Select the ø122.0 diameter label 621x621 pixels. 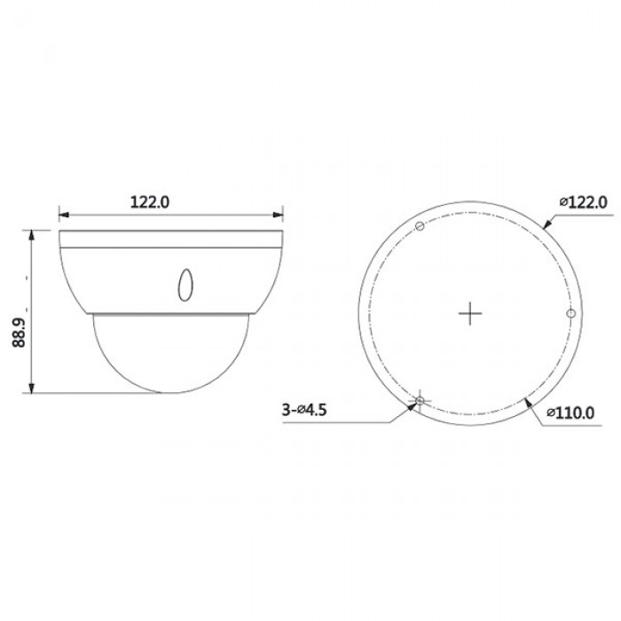pos(583,201)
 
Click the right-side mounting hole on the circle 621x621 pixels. pos(570,313)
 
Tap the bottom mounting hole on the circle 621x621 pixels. pos(420,402)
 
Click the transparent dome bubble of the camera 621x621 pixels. pos(170,355)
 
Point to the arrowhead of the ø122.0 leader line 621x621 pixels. pos(546,226)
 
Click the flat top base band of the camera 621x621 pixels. pos(170,237)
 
